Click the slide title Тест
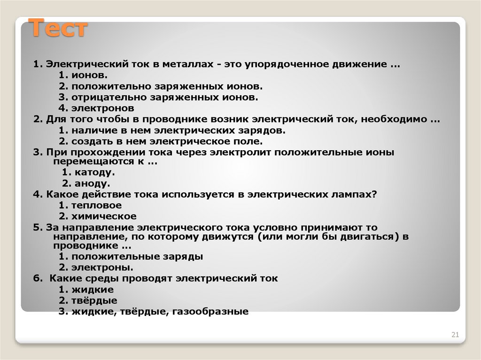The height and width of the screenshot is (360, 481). [59, 29]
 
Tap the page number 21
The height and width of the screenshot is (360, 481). [455, 335]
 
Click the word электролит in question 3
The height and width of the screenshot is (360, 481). [240, 153]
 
